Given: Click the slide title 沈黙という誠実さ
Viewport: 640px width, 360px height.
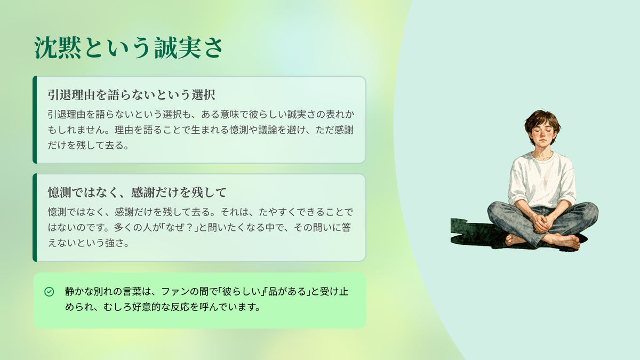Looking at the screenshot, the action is tap(129, 47).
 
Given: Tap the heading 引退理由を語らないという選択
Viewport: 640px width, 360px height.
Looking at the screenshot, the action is tap(131, 95).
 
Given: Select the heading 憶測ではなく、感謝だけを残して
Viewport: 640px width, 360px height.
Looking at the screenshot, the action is tap(137, 193).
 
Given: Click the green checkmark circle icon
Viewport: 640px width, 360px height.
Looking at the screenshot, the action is tap(49, 292).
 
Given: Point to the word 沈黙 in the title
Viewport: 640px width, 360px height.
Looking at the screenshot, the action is tap(58, 47).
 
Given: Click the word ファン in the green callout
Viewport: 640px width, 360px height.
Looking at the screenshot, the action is tap(175, 292).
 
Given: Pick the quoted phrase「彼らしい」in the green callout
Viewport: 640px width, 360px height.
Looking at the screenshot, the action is tap(239, 292).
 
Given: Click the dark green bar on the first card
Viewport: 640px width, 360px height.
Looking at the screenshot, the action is tap(35, 119).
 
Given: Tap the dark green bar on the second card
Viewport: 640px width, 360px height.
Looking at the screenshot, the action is tap(35, 218).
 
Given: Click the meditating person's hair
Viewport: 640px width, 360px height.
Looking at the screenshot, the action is tap(542, 120).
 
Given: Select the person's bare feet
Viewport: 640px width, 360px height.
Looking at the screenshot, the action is tap(543, 241).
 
